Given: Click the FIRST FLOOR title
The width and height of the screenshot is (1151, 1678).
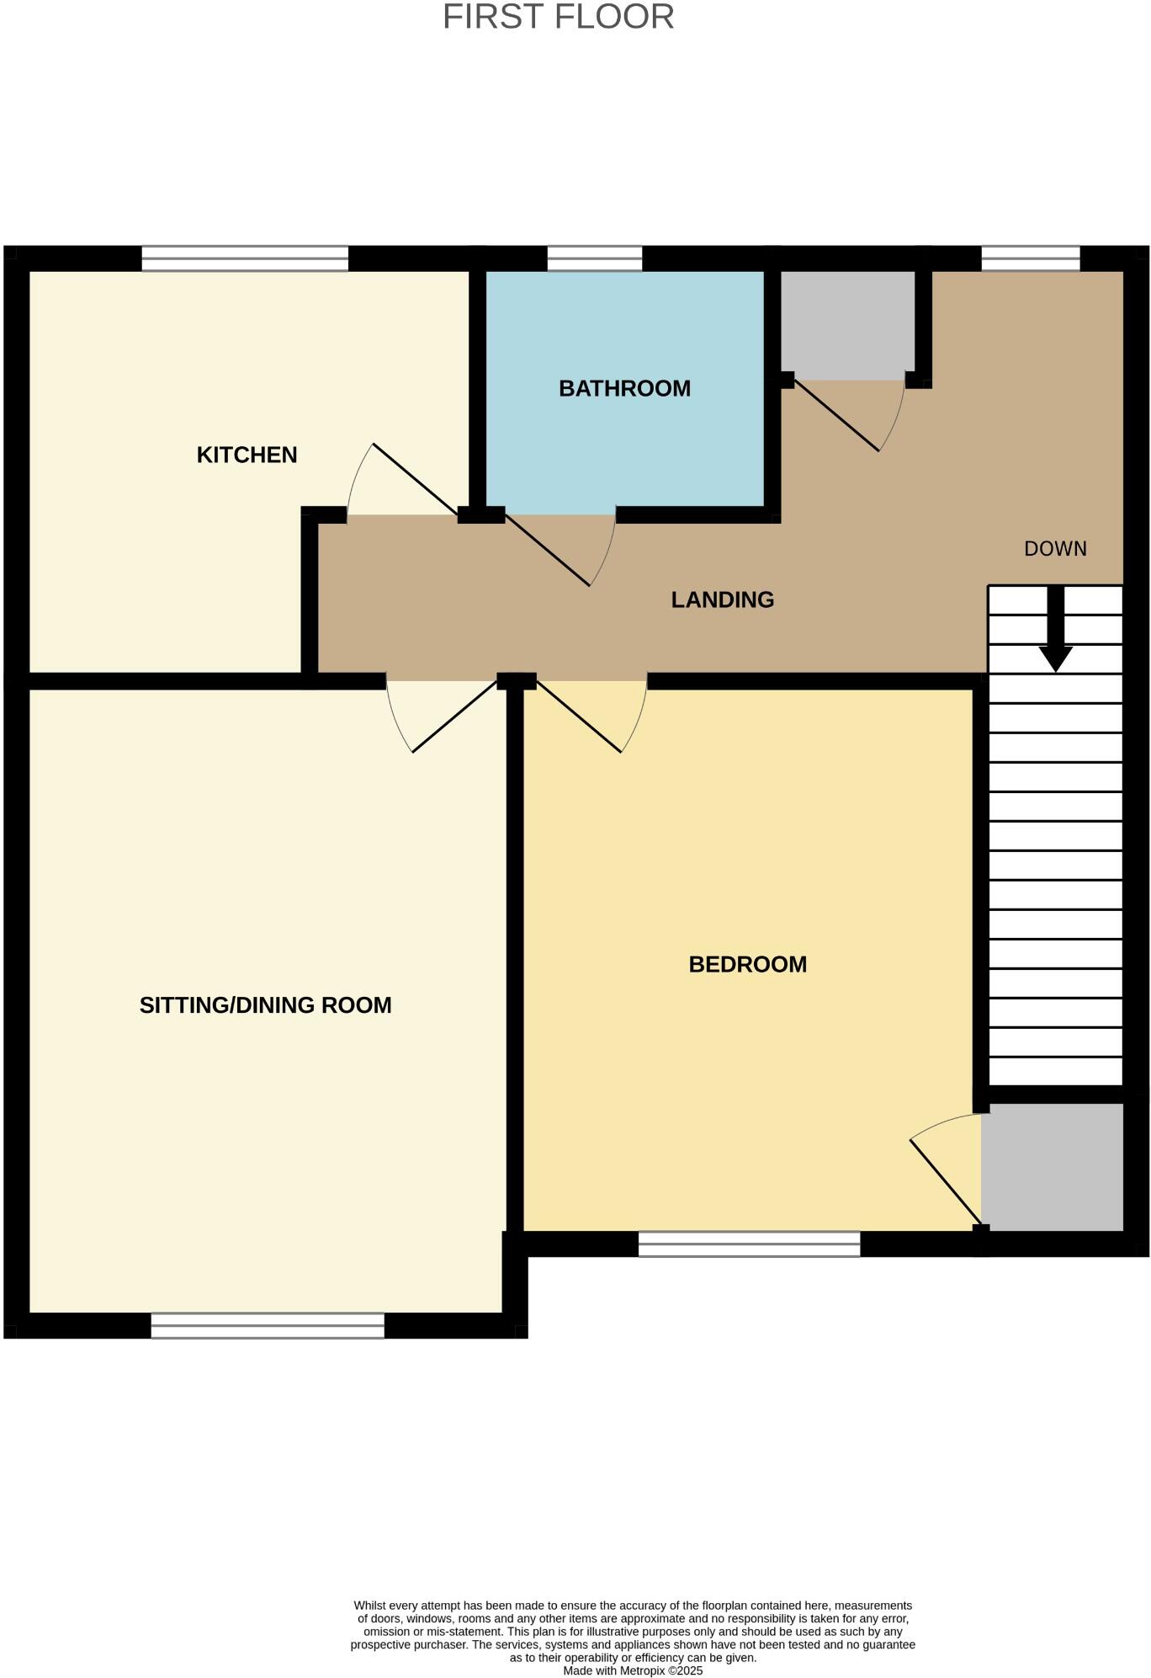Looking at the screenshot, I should click(558, 17).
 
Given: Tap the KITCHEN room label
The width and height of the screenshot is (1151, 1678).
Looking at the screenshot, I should click(247, 455).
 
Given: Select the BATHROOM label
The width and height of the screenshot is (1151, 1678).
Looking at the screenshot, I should click(624, 388).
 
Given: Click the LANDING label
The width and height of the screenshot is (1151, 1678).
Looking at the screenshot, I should click(722, 599).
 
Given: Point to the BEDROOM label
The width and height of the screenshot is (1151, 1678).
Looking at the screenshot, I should click(747, 964).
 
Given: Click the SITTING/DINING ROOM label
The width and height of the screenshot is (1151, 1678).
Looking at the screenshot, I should click(265, 1004).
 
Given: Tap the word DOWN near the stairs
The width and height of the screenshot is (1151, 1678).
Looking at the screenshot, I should click(1055, 549).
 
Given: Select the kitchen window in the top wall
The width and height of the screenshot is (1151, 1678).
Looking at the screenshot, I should click(245, 258).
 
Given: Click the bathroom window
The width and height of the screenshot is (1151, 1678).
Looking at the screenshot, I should click(594, 258).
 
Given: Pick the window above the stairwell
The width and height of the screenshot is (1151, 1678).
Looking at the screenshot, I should click(1030, 258).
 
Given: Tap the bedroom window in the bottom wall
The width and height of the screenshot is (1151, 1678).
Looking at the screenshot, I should click(749, 1244).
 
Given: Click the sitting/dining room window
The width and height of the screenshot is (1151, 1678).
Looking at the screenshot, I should click(268, 1325).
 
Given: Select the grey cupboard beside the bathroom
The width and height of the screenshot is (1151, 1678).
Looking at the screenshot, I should click(846, 325).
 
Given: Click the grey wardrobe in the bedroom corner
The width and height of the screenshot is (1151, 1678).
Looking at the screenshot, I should click(1052, 1167).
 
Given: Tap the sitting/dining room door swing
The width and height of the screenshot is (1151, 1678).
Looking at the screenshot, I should click(429, 716).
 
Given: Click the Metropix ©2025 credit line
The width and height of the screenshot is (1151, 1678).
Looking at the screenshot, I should click(633, 1670).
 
